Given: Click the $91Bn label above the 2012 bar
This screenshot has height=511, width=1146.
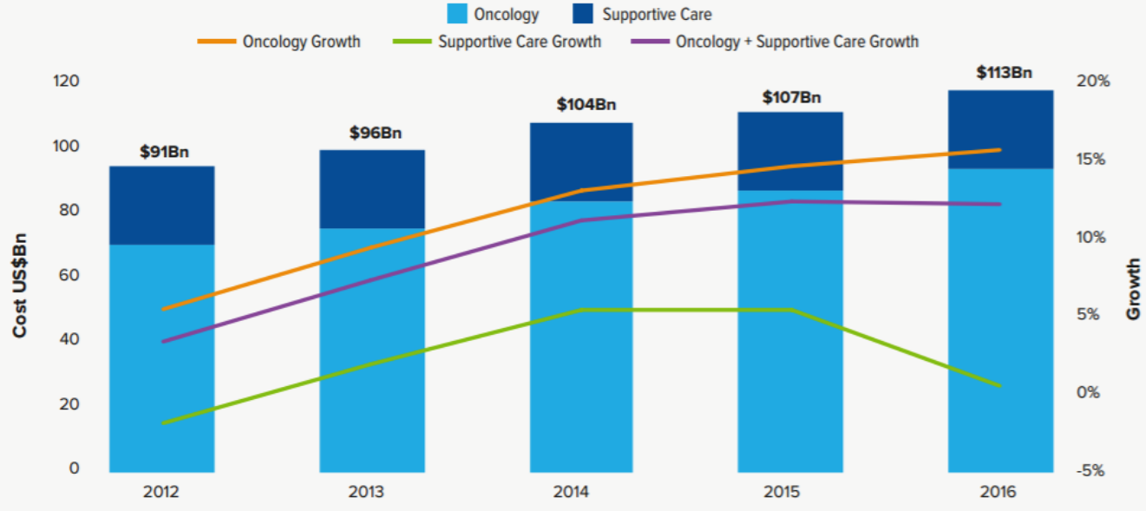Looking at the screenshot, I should tap(164, 151).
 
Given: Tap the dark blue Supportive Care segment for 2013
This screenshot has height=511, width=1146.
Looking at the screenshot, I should tap(372, 190).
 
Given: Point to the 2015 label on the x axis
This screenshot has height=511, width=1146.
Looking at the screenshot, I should tap(791, 492).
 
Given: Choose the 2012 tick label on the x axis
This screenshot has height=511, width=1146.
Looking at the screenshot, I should tap(162, 492).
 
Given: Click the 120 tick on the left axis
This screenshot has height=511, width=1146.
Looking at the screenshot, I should tap(67, 82).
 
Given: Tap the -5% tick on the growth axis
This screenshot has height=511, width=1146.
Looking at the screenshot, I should tap(1094, 471).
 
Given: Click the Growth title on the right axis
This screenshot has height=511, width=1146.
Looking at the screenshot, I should tap(1133, 290).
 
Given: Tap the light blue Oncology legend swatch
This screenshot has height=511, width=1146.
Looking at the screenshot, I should tap(457, 15).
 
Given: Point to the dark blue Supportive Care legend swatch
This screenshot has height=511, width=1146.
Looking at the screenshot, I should tap(584, 15).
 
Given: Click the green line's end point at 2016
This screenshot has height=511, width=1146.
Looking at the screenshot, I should tap(1000, 386).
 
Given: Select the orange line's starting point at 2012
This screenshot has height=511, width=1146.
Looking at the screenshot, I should tap(163, 309).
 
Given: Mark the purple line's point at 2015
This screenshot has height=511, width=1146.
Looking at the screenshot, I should tap(791, 201).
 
